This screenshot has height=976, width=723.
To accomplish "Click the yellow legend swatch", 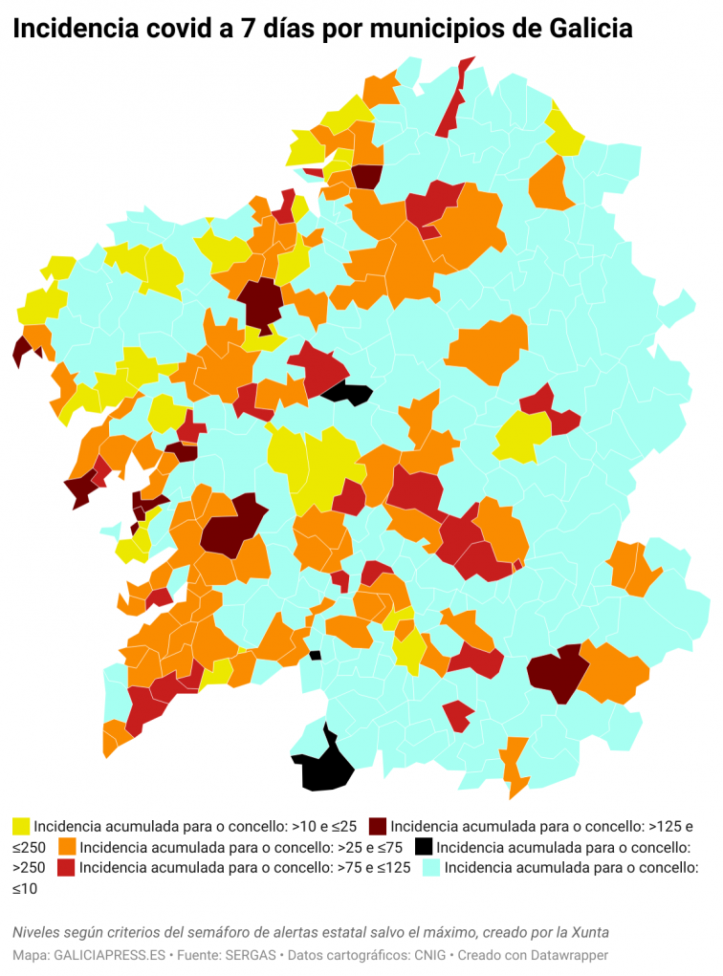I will [x=21, y=826].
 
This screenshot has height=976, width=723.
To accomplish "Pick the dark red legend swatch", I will [x=378, y=826].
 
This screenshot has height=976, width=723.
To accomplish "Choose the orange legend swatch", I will [x=67, y=847].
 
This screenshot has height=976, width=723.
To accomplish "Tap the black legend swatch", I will [x=424, y=847].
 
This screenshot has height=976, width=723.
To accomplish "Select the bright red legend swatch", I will [x=67, y=868].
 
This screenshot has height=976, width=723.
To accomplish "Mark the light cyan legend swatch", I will [x=431, y=868].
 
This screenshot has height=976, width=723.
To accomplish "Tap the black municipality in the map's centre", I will [x=347, y=393].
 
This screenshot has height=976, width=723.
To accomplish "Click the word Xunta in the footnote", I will [x=587, y=932].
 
